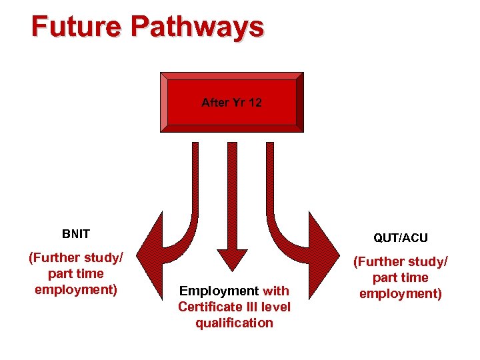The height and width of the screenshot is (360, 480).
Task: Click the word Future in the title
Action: click(77, 27)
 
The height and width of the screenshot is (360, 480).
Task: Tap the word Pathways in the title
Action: click(197, 27)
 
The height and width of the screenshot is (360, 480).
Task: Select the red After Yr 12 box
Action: click(231, 103)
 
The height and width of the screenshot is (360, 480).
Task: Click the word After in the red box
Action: click(214, 103)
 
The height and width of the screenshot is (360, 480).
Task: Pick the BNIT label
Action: click(75, 234)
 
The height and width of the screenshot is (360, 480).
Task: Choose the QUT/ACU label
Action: click(401, 238)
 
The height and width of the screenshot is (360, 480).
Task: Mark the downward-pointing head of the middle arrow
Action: click(232, 259)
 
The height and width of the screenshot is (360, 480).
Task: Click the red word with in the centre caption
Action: click(276, 291)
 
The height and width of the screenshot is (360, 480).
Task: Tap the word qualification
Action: click(234, 323)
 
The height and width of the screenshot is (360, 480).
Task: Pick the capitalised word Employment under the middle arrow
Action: click(219, 291)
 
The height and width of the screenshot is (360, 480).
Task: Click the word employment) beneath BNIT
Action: click(76, 289)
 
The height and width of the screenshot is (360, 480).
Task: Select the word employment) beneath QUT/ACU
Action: click(401, 293)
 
